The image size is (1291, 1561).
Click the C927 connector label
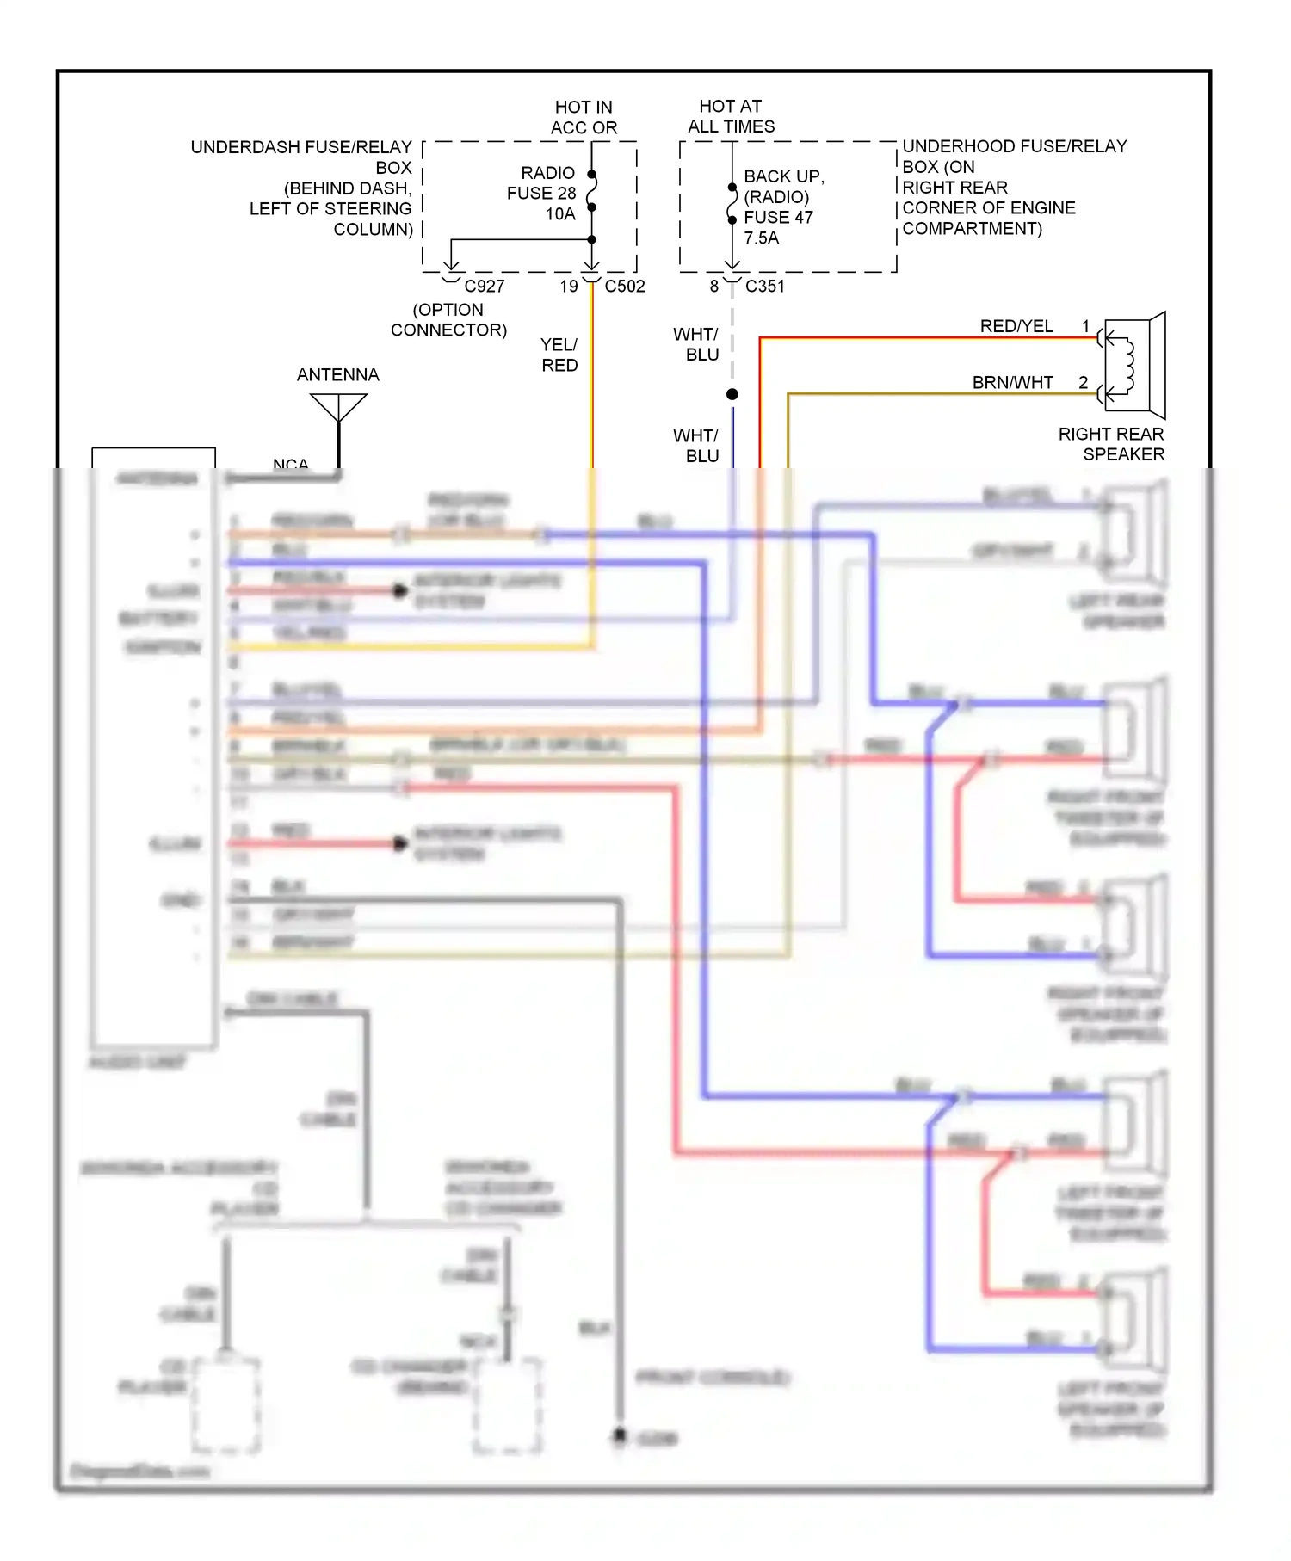pyautogui.click(x=484, y=286)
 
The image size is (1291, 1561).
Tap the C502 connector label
pyautogui.click(x=624, y=286)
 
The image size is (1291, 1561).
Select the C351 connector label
pyautogui.click(x=764, y=286)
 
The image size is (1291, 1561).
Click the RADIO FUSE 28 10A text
pyautogui.click(x=542, y=193)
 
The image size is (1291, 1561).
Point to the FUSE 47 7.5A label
pyautogui.click(x=778, y=227)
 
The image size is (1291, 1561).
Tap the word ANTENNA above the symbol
pyautogui.click(x=337, y=374)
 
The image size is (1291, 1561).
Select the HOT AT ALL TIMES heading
pyautogui.click(x=731, y=116)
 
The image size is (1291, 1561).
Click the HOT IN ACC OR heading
pyautogui.click(x=584, y=117)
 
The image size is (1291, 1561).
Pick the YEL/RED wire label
pyautogui.click(x=559, y=355)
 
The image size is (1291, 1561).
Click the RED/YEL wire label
pyautogui.click(x=1016, y=326)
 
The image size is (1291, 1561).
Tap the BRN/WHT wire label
pyautogui.click(x=1012, y=382)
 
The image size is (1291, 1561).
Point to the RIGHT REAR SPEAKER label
pyautogui.click(x=1111, y=444)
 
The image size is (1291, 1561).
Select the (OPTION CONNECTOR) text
pyautogui.click(x=448, y=319)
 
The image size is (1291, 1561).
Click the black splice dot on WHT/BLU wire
pyautogui.click(x=732, y=394)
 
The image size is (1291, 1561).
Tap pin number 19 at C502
pyautogui.click(x=569, y=286)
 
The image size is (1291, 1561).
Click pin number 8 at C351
pyautogui.click(x=714, y=286)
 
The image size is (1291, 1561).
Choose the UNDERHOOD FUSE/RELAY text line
pyautogui.click(x=1014, y=146)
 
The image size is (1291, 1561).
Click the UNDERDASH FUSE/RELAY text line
pyautogui.click(x=301, y=147)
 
